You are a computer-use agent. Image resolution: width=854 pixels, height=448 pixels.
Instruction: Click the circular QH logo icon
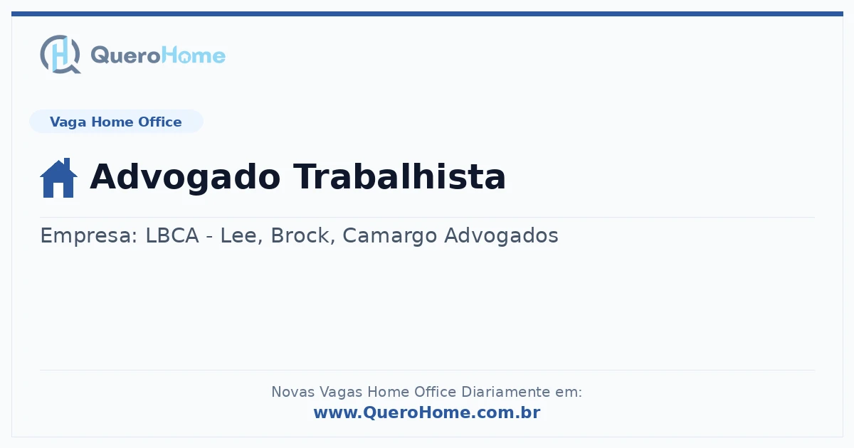tap(60, 54)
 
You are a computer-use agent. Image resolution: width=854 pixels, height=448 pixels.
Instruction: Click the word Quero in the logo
tap(126, 55)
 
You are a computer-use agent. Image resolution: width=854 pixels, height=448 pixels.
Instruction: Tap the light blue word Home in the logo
tap(194, 55)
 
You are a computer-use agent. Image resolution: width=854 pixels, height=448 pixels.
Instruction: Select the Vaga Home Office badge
tap(116, 122)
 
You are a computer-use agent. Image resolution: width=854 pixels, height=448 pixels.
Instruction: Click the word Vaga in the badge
tap(68, 122)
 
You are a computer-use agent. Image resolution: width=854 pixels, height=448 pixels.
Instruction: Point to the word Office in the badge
tap(159, 122)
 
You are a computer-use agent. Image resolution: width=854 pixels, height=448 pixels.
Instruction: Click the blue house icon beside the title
tap(58, 178)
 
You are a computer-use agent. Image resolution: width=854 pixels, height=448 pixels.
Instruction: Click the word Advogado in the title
tap(185, 178)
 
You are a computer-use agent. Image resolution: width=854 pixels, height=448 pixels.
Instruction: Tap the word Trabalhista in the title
tap(399, 176)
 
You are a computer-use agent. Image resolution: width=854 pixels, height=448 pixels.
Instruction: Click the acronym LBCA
tap(172, 235)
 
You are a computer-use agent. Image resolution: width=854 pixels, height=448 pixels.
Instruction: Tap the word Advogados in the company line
tap(501, 236)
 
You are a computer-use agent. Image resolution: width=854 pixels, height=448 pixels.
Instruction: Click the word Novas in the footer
tap(292, 392)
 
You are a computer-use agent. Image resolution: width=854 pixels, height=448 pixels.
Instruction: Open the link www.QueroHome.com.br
tap(427, 412)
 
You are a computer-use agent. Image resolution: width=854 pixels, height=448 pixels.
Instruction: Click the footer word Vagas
tap(341, 393)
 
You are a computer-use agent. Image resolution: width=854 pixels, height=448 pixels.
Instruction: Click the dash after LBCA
tap(209, 237)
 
